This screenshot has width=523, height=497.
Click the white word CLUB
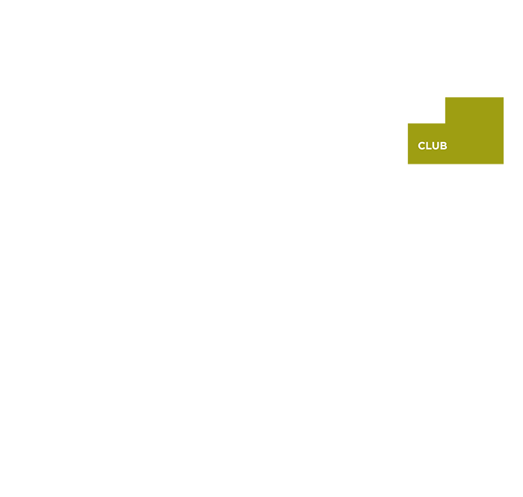pyautogui.click(x=432, y=146)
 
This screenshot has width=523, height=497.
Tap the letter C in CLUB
pyautogui.click(x=421, y=146)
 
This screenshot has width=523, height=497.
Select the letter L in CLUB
pyautogui.click(x=429, y=146)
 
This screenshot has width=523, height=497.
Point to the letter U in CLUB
pyautogui.click(x=436, y=146)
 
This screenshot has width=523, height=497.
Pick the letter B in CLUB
pyautogui.click(x=443, y=146)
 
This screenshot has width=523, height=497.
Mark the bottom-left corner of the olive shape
pyautogui.click(x=408, y=163)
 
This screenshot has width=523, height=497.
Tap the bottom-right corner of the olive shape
pyautogui.click(x=503, y=163)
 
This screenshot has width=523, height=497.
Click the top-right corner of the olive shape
pyautogui.click(x=503, y=98)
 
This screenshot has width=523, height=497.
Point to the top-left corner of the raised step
pyautogui.click(x=445, y=98)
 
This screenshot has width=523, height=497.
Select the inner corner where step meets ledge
pyautogui.click(x=445, y=123)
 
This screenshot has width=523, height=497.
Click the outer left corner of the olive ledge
pyautogui.click(x=408, y=124)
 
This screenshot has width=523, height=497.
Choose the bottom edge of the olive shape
pyautogui.click(x=456, y=163)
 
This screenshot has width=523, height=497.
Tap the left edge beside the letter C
pyautogui.click(x=408, y=146)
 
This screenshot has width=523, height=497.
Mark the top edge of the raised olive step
pyautogui.click(x=474, y=98)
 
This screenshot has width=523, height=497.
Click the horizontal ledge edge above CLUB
pyautogui.click(x=426, y=124)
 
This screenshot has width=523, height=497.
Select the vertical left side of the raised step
pyautogui.click(x=445, y=111)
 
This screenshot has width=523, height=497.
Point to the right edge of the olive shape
pyautogui.click(x=503, y=131)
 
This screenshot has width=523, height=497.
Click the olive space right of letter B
pyautogui.click(x=474, y=146)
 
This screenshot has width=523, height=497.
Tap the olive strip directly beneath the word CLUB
pyautogui.click(x=432, y=157)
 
